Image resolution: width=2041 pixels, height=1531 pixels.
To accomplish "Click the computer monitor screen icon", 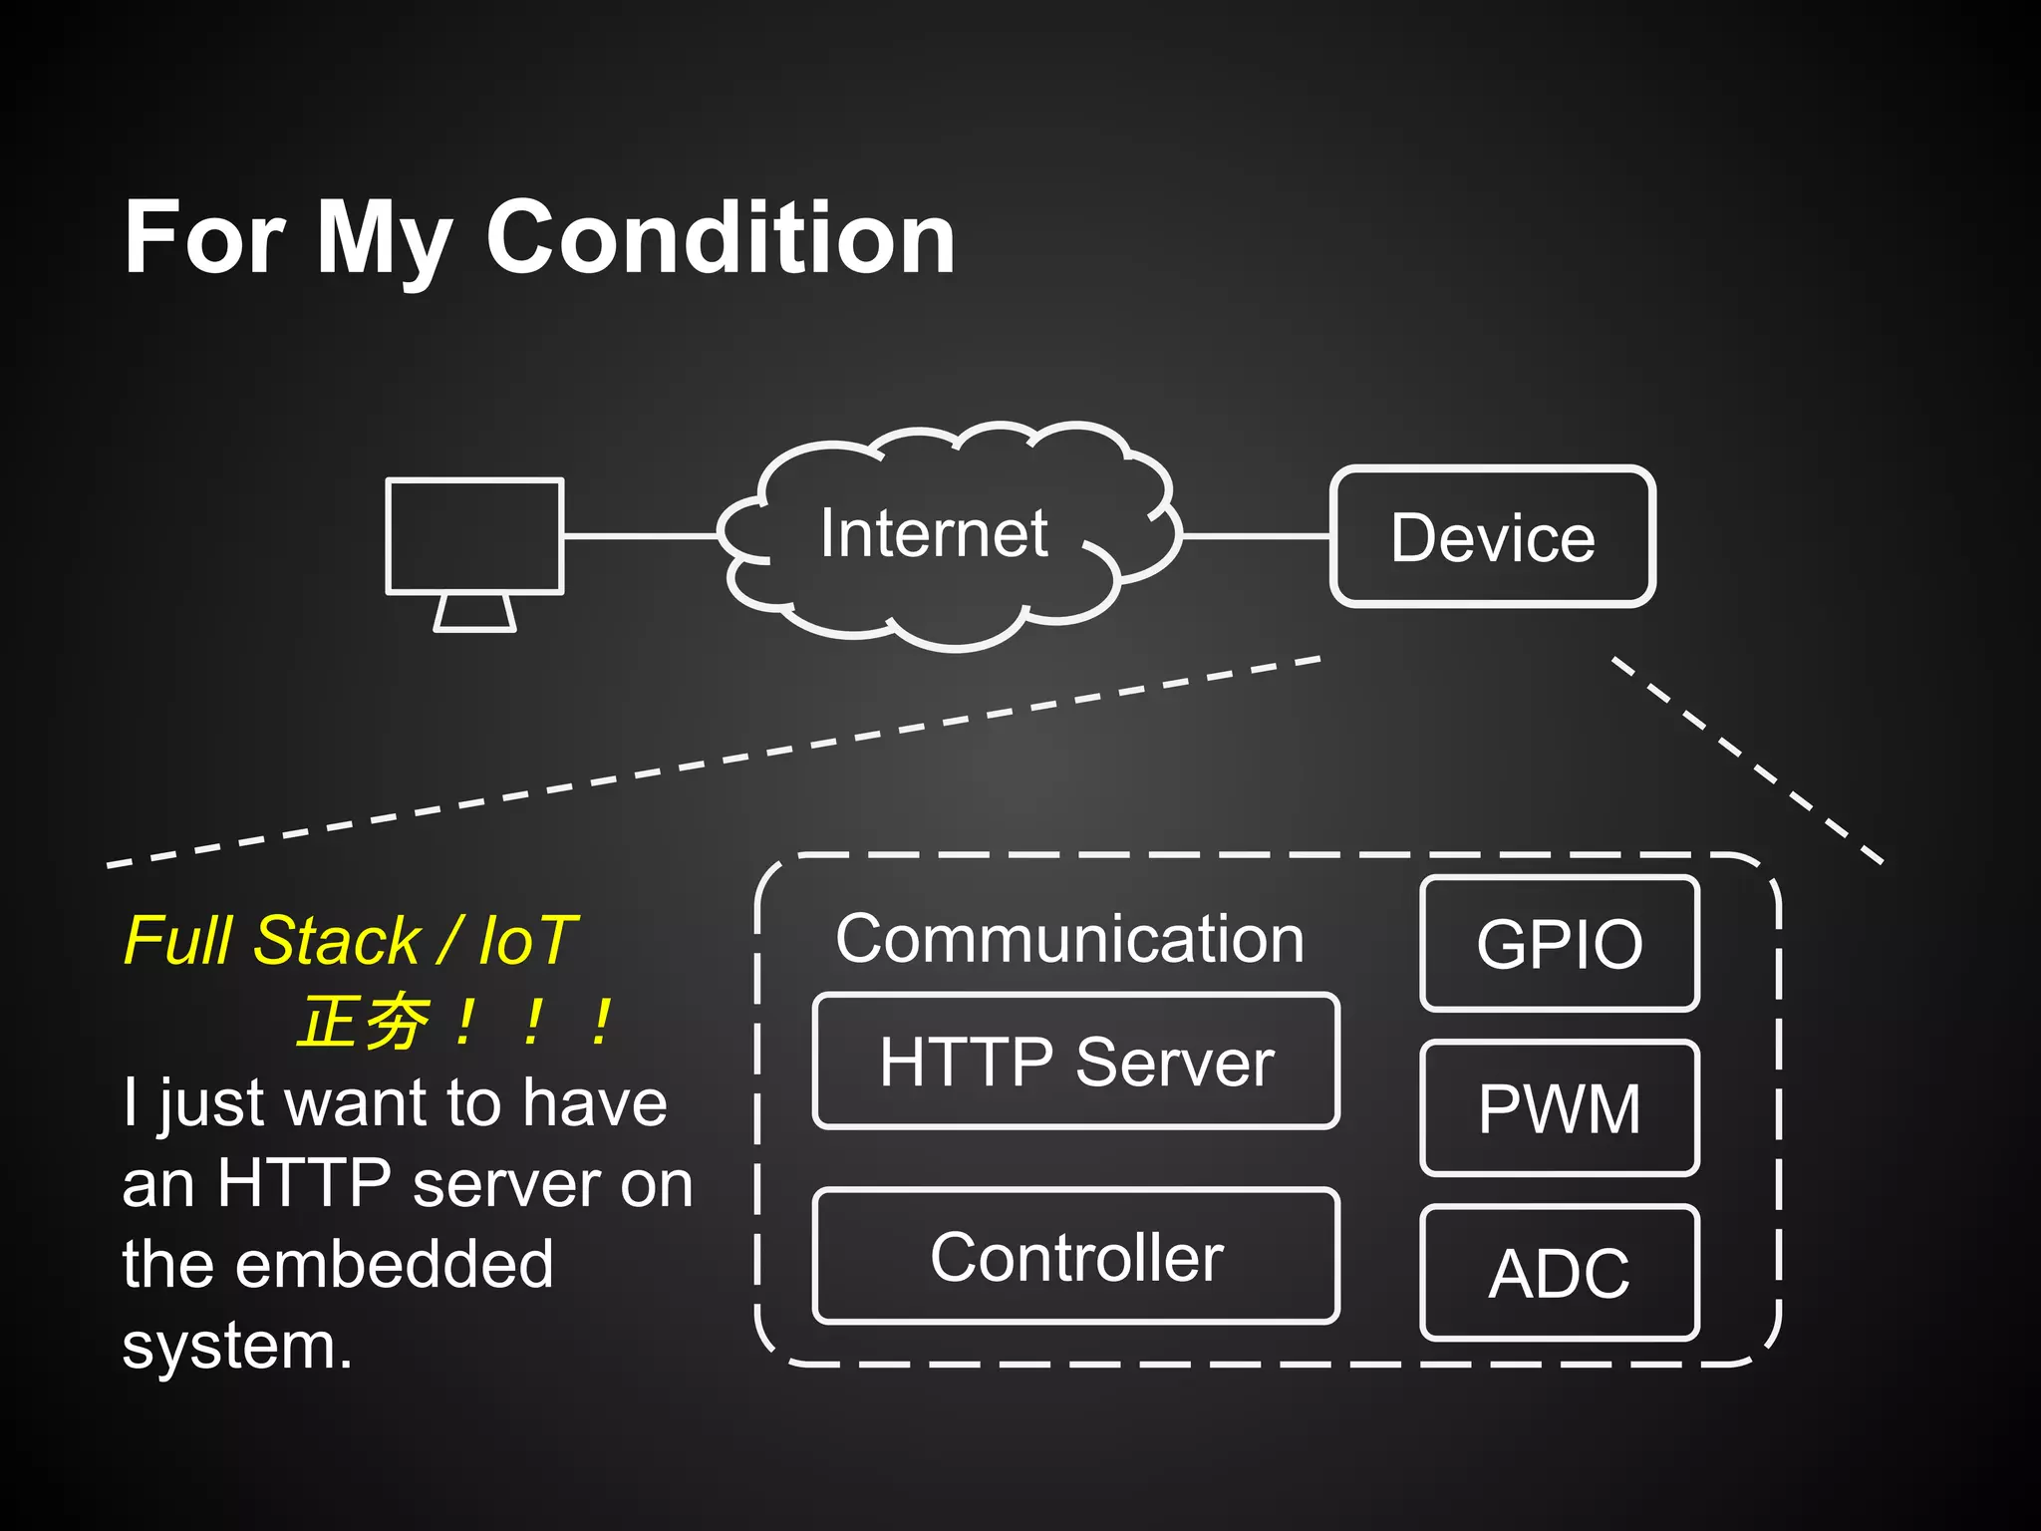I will point(474,536).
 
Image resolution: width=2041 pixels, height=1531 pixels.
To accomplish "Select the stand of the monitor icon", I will point(474,612).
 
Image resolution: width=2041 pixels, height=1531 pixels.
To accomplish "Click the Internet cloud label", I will point(934,533).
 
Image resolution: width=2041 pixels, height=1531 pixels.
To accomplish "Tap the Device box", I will point(1492,537).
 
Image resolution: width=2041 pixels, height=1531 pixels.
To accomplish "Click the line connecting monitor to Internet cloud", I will point(640,536).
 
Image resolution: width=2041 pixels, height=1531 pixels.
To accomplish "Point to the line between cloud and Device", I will point(1256,536).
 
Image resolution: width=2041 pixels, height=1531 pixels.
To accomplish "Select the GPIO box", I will point(1559,943).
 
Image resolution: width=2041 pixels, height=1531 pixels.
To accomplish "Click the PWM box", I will point(1559,1107).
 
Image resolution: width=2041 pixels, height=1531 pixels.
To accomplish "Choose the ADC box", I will point(1559,1273).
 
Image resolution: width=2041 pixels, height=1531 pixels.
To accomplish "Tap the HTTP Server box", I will point(1075,1062).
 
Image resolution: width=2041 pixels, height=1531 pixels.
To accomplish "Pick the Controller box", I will point(1075,1256).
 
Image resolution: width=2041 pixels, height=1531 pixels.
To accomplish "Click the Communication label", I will point(1069,939).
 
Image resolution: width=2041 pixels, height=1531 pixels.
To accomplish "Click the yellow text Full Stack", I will point(271,940).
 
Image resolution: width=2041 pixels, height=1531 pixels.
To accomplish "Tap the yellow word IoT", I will point(527,940).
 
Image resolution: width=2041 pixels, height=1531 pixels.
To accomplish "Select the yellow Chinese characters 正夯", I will point(364,1023).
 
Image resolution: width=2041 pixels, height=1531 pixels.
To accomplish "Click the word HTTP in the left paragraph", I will point(303,1183).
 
